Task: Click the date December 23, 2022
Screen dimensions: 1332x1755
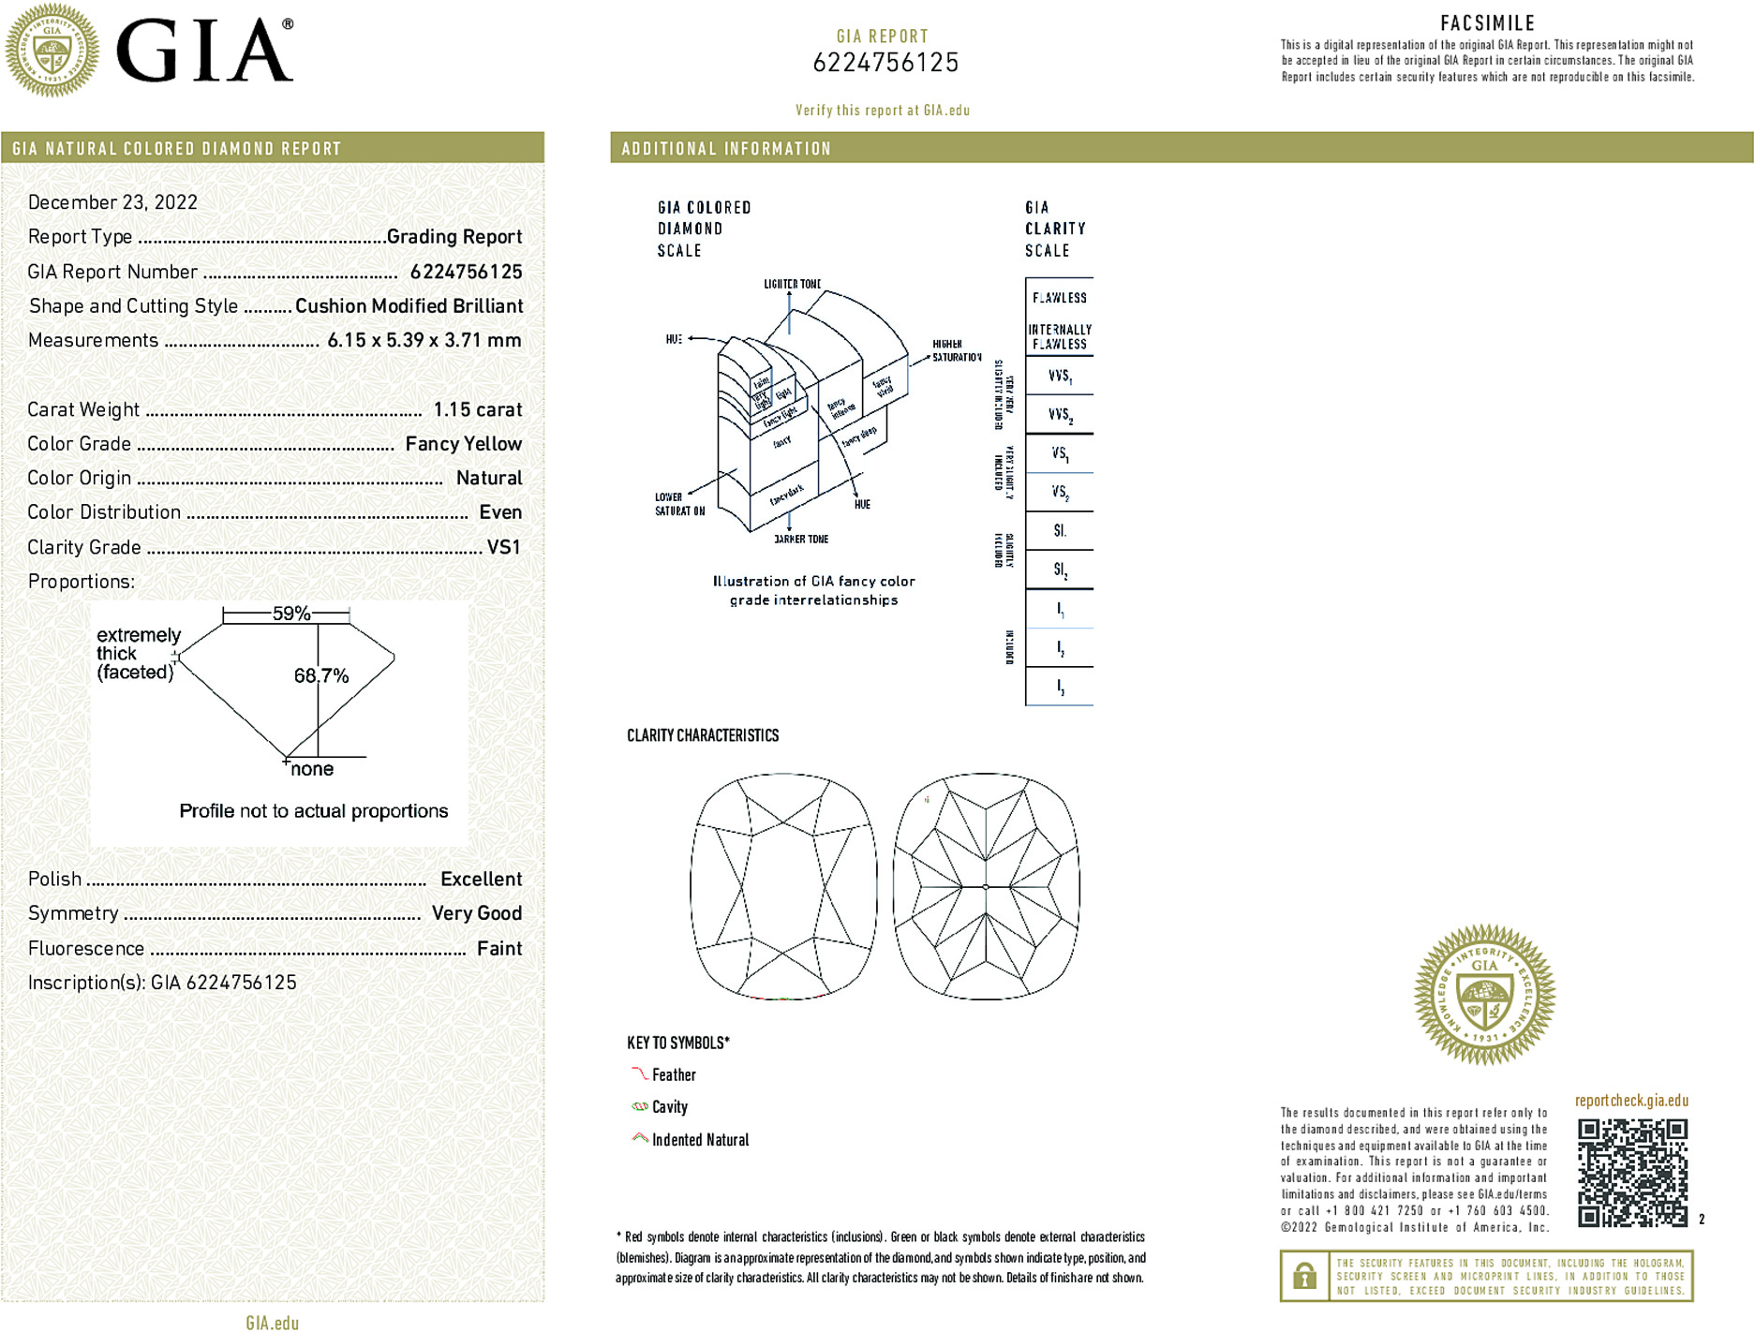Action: [x=112, y=202]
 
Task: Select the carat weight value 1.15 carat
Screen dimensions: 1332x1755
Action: [x=477, y=409]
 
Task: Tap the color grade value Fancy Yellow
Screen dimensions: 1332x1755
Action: [x=463, y=444]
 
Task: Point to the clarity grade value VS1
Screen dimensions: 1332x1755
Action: [x=503, y=547]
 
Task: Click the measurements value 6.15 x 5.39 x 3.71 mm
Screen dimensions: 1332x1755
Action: [x=424, y=340]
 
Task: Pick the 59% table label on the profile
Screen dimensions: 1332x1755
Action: [x=290, y=614]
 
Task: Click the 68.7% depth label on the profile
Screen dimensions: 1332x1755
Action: [x=320, y=675]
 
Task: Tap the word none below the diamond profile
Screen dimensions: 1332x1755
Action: [x=312, y=769]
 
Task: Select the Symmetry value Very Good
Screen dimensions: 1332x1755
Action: [x=476, y=913]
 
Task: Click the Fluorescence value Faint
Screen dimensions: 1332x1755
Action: [x=498, y=948]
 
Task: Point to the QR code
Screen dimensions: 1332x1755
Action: [x=1631, y=1172]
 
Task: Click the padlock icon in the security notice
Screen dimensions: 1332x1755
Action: [x=1303, y=1276]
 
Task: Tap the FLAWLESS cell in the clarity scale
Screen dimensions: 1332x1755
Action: [x=1059, y=298]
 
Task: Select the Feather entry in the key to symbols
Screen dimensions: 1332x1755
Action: [x=674, y=1075]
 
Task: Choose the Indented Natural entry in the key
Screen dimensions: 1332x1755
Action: [x=700, y=1140]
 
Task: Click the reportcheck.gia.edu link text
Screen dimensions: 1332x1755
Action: [x=1631, y=1101]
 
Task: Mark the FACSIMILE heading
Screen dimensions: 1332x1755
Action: [x=1487, y=23]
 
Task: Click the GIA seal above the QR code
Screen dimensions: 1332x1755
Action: [x=1484, y=994]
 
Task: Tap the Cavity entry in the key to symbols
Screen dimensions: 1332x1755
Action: [x=669, y=1107]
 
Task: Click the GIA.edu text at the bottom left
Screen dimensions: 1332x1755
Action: [x=272, y=1323]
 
